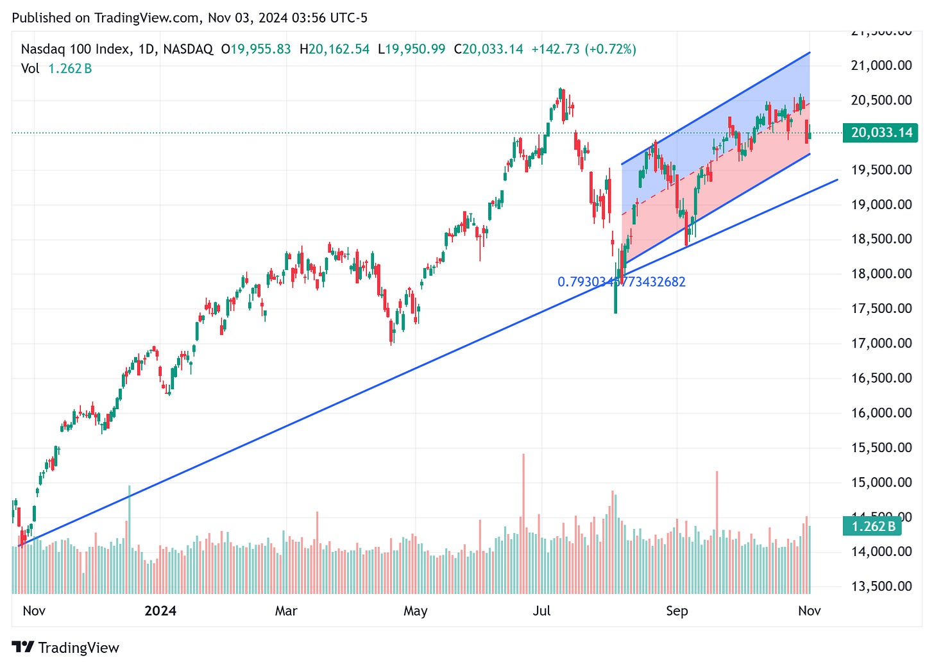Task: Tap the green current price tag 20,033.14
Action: pyautogui.click(x=880, y=133)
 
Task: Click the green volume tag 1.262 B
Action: pyautogui.click(x=872, y=527)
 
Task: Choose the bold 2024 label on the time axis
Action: pyautogui.click(x=160, y=611)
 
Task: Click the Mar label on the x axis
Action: pyautogui.click(x=286, y=611)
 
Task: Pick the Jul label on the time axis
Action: pyautogui.click(x=542, y=611)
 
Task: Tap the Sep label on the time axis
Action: pyautogui.click(x=677, y=611)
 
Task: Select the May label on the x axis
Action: pyautogui.click(x=416, y=611)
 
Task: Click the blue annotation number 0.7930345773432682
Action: pyautogui.click(x=621, y=282)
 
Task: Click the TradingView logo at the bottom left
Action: pyautogui.click(x=65, y=648)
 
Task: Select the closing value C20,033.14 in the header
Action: pyautogui.click(x=488, y=49)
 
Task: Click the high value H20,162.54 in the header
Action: pyautogui.click(x=334, y=49)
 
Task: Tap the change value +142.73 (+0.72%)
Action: pyautogui.click(x=584, y=49)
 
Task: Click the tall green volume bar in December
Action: pyautogui.click(x=130, y=539)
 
